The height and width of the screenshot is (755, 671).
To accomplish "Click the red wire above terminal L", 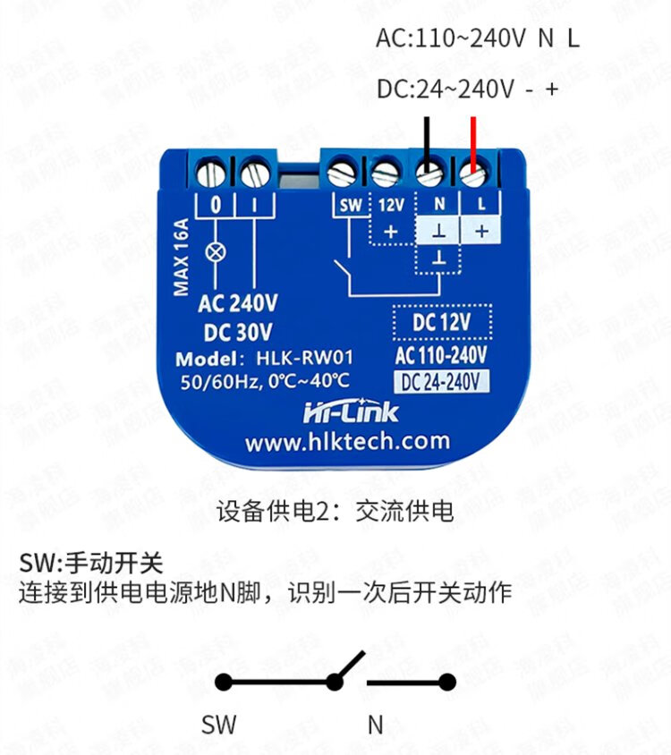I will tap(473, 138).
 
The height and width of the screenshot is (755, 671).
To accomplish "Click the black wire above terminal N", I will tap(429, 138).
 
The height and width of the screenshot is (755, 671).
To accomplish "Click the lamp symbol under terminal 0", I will tap(215, 251).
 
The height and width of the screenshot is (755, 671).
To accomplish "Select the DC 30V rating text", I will tap(238, 332).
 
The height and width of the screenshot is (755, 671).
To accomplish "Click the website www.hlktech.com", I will tap(346, 441).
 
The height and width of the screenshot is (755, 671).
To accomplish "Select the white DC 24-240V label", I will tap(442, 382).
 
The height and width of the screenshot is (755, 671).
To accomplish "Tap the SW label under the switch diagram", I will tap(219, 724).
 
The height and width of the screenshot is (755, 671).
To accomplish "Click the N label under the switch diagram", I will tap(376, 724).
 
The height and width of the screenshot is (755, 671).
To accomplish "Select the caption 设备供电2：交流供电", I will tap(335, 512).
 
